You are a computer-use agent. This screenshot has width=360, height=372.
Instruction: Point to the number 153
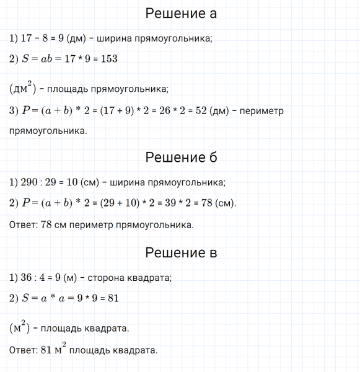[108, 59]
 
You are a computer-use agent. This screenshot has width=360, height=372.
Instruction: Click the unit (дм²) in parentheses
[22, 87]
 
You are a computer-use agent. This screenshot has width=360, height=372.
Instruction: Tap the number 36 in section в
[27, 278]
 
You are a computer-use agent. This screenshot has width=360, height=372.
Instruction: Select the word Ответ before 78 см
[24, 225]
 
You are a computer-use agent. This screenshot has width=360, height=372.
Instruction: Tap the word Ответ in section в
[24, 350]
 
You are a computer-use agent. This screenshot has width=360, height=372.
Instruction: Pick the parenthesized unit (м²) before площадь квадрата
[21, 326]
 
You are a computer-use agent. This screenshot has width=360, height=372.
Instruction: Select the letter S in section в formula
[25, 298]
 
